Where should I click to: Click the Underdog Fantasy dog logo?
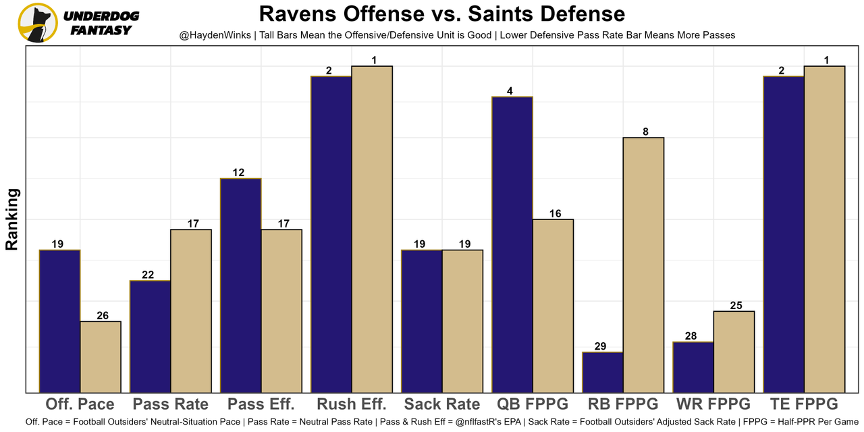[x=38, y=22]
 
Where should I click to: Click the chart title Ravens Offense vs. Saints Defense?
[x=442, y=13]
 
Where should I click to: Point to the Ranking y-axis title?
[x=12, y=219]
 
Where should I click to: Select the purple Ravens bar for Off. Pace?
[x=60, y=321]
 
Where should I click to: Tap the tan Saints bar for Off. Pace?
[x=101, y=356]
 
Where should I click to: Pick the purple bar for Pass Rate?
[x=151, y=336]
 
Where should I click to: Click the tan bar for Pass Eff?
[x=281, y=310]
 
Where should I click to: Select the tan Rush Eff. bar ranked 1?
[x=372, y=229]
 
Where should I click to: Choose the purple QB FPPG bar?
[x=512, y=244]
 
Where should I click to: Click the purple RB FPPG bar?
[x=603, y=372]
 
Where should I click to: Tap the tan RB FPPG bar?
[x=643, y=265]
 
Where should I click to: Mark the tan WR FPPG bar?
[x=734, y=352]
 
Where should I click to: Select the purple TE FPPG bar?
[x=784, y=234]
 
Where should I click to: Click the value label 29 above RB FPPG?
[x=600, y=346]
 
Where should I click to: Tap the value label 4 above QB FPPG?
[x=510, y=91]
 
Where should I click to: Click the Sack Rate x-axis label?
[x=442, y=404]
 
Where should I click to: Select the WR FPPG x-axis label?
[x=713, y=404]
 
